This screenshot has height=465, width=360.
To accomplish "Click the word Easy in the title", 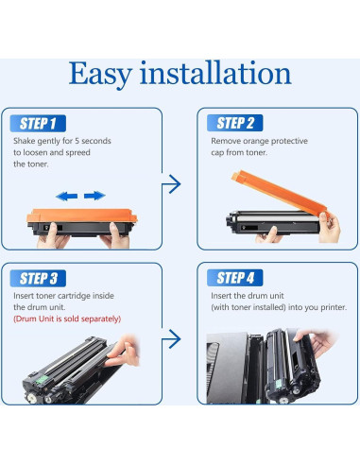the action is [100, 75].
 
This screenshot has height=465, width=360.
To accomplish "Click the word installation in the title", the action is [215, 73].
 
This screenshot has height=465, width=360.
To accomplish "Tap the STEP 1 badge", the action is [38, 123].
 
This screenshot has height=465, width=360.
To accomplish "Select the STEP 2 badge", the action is [235, 123].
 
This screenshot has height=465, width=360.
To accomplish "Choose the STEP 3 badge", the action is [38, 279].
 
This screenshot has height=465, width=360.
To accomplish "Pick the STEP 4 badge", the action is [235, 278].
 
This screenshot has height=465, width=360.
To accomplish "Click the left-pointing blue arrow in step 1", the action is [67, 197].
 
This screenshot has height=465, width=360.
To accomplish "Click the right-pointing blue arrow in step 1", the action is [94, 196].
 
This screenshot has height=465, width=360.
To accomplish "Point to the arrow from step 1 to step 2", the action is [171, 184].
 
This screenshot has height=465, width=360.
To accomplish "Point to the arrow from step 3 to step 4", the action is [171, 339].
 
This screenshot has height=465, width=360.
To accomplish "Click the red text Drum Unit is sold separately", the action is [67, 319].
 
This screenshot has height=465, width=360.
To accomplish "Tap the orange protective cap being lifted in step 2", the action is [280, 193].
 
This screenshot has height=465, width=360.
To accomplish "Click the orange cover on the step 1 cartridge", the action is [82, 215].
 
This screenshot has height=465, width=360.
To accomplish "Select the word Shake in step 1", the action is [24, 141].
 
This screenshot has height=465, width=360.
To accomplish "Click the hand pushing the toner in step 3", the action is [123, 352].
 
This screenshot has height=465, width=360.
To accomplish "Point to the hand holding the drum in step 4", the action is [315, 341].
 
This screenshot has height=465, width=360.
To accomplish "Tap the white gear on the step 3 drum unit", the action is [32, 399].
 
